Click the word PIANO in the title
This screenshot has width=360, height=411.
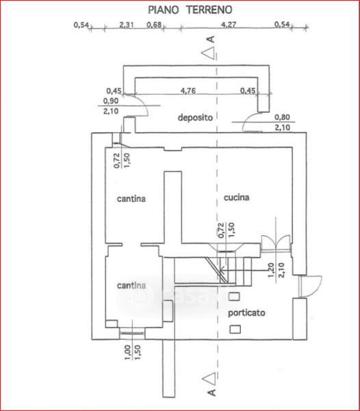tap(164, 10)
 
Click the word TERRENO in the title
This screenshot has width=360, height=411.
tap(209, 10)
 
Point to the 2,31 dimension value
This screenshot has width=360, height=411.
tap(127, 25)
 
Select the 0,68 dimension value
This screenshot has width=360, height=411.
tap(154, 25)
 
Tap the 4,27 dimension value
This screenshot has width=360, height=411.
tap(229, 25)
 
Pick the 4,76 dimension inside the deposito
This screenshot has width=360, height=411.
tap(188, 90)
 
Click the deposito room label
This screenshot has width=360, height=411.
tap(195, 117)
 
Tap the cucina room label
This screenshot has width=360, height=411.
tap(236, 197)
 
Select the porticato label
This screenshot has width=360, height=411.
tap(246, 313)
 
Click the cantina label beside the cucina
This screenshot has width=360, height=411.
tap(131, 199)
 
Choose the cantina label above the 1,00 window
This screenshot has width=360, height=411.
tap(131, 286)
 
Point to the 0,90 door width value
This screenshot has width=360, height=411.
tap(111, 101)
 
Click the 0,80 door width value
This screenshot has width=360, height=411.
tap(282, 117)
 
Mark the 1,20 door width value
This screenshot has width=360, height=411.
tap(271, 271)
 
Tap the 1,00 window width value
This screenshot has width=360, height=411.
tap(127, 353)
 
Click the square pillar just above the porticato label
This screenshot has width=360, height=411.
tap(234, 297)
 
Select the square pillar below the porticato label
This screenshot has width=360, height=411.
tap(235, 329)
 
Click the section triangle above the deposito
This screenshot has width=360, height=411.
tap(209, 53)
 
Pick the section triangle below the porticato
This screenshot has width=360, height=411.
tap(209, 378)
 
